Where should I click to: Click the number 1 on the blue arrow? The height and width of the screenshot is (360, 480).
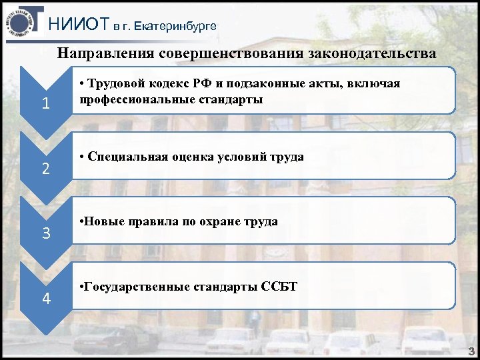[x=45, y=105]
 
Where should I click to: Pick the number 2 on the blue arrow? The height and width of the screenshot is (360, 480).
[x=45, y=169]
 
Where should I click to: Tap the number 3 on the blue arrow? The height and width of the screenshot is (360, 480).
[x=45, y=234]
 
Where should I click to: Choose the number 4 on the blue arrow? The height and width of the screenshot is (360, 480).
[x=45, y=298]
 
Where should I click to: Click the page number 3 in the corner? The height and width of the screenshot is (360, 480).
[x=471, y=351]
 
